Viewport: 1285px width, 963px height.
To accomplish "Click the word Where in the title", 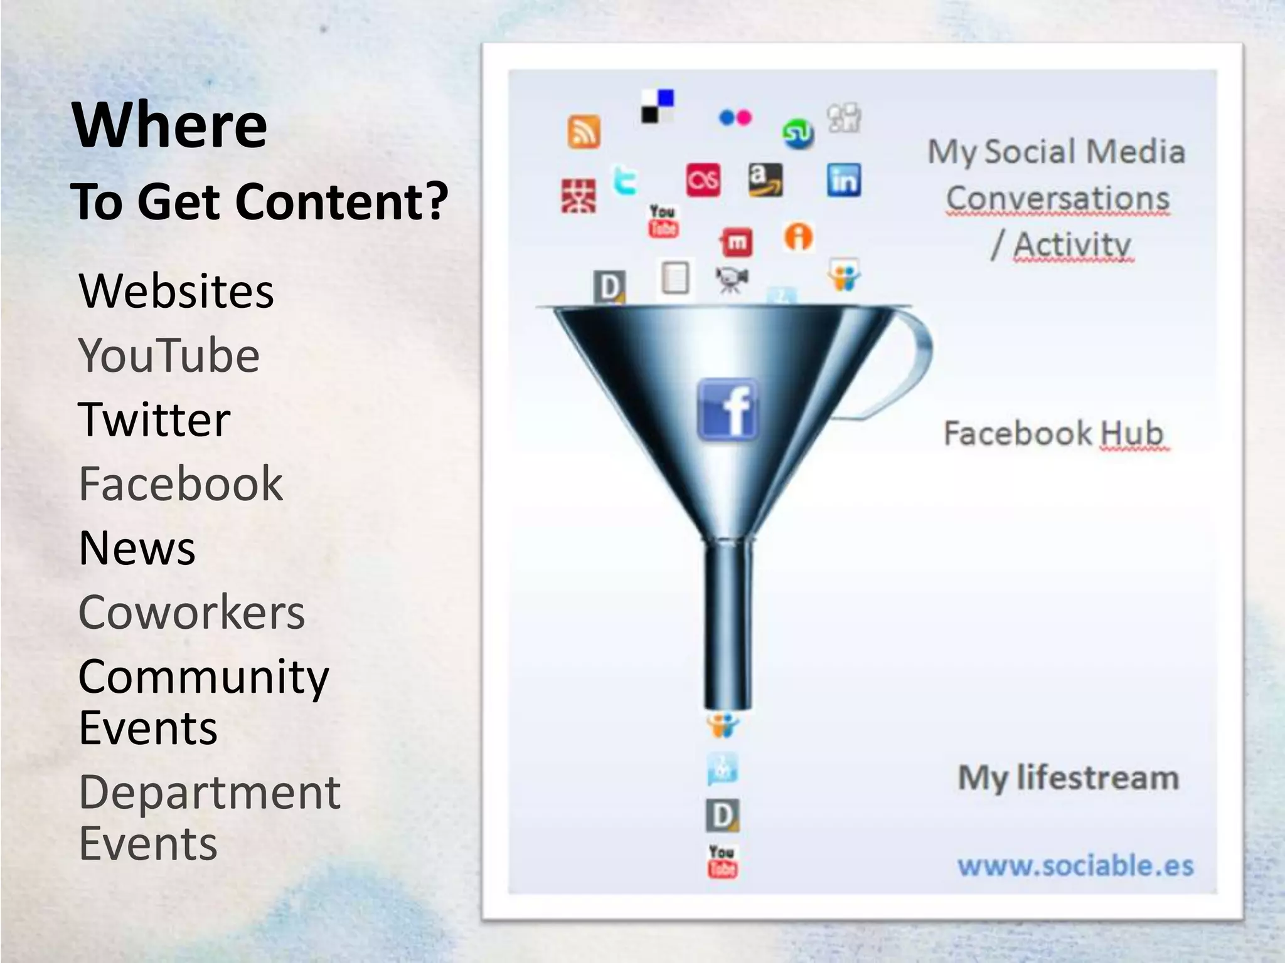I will click(170, 125).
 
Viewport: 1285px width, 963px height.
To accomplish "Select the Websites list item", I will click(176, 292).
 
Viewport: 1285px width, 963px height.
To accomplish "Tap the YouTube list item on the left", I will click(169, 355).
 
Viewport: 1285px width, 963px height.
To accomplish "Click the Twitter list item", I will click(154, 419).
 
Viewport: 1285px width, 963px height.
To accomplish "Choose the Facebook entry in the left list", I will click(181, 484).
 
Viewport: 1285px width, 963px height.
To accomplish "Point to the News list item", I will click(137, 548).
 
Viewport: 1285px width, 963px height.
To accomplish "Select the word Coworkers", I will click(191, 613).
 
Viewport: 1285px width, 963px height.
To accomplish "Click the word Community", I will click(204, 677).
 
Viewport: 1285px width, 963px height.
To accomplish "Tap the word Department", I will click(210, 792).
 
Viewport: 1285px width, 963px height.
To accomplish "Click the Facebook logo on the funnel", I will click(728, 409).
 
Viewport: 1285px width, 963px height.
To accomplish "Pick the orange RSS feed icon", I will click(584, 132).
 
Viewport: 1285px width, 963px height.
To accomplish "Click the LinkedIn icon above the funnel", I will click(844, 181).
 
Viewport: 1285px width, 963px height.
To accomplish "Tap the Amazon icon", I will click(765, 180).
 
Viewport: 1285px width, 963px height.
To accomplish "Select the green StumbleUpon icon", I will click(798, 134).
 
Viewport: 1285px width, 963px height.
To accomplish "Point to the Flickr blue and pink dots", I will click(735, 117).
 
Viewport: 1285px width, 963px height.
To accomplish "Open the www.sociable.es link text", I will click(1075, 866).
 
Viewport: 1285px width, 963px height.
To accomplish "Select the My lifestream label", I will click(1068, 778).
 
